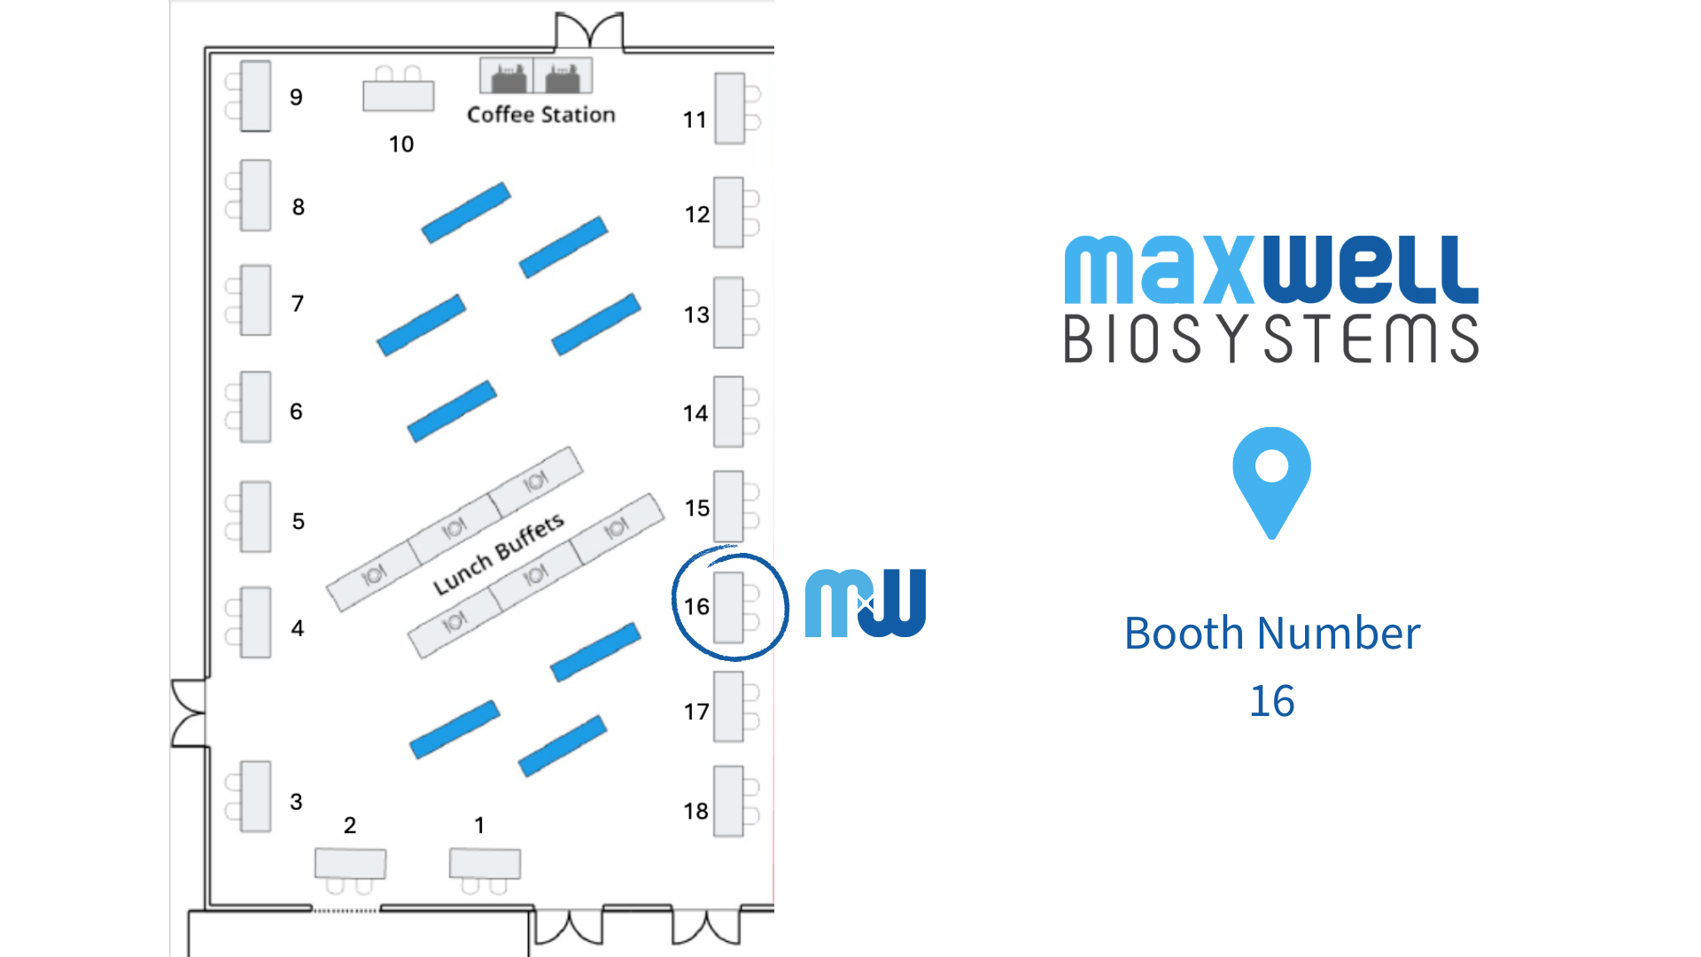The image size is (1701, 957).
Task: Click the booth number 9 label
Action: (x=296, y=97)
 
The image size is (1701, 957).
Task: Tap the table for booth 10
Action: (x=399, y=96)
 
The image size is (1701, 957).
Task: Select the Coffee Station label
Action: (x=540, y=114)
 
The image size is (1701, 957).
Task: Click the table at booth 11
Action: (x=729, y=108)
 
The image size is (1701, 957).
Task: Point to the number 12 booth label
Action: (x=696, y=214)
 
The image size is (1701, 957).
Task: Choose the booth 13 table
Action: (x=728, y=313)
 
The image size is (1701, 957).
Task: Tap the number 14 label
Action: (x=695, y=413)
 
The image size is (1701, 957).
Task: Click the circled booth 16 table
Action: (x=729, y=607)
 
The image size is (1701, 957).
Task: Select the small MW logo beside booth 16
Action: (x=865, y=603)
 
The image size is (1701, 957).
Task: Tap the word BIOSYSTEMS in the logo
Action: (x=1271, y=338)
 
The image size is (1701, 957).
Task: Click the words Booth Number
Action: (x=1271, y=633)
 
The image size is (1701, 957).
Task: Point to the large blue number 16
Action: (x=1271, y=701)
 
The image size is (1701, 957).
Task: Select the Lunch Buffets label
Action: (x=498, y=554)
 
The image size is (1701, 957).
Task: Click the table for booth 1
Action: (x=485, y=862)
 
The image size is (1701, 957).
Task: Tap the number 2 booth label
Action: (x=350, y=825)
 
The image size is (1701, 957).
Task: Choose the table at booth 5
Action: (x=255, y=517)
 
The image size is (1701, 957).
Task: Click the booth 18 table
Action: (x=728, y=801)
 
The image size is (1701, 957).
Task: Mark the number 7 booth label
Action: (x=298, y=304)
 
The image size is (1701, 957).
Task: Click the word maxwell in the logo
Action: (x=1271, y=269)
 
